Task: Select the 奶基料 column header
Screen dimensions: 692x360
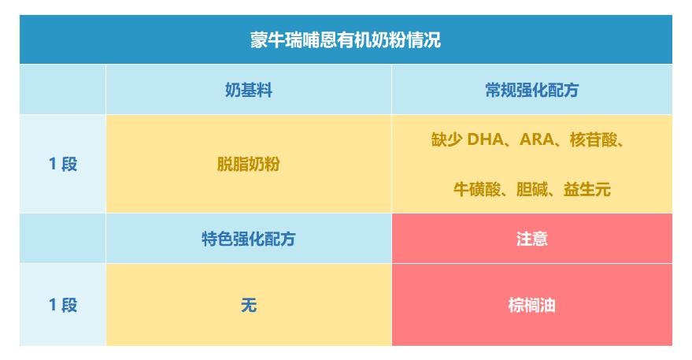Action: pos(249,90)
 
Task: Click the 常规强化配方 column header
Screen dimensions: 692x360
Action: pos(532,90)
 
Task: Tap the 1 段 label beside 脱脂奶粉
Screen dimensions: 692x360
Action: pos(63,164)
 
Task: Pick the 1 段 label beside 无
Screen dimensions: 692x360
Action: pos(63,305)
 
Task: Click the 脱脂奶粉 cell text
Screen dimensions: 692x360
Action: pos(249,164)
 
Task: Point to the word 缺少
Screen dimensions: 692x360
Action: pos(446,139)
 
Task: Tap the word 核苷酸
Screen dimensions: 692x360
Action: pos(593,139)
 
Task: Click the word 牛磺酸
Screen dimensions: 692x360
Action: pos(476,190)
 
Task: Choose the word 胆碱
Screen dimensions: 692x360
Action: pos(532,190)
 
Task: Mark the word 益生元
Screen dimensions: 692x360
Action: pos(587,190)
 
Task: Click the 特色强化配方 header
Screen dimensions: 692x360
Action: pos(249,239)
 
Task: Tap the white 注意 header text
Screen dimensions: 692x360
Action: pos(532,239)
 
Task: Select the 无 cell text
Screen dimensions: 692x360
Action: pos(249,305)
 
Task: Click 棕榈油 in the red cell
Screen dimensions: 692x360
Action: pos(532,305)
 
